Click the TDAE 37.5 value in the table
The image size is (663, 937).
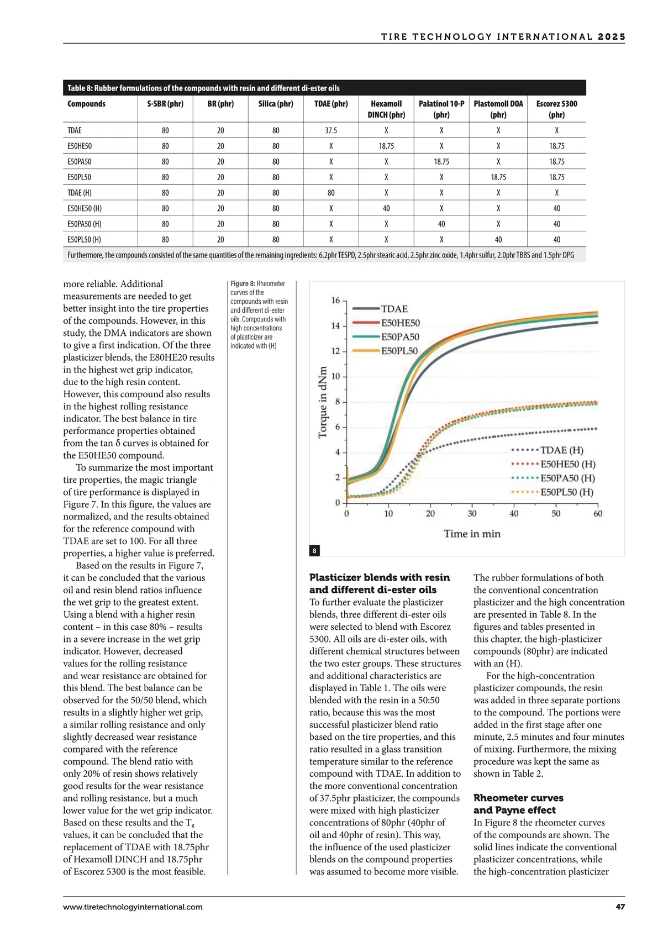(331, 130)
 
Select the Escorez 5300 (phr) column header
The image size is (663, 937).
(556, 109)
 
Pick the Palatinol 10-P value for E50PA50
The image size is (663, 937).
(441, 162)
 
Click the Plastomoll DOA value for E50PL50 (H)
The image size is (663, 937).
(498, 240)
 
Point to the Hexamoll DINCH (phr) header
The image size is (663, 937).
(386, 109)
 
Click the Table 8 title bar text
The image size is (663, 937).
(203, 88)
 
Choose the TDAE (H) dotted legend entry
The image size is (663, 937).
(561, 450)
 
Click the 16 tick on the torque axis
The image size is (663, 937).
(335, 301)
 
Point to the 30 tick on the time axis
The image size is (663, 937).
(472, 514)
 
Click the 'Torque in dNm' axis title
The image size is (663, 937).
(323, 402)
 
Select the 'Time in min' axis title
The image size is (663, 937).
(472, 534)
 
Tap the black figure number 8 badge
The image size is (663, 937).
(314, 551)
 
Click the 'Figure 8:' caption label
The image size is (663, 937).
(243, 283)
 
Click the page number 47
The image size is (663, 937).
(620, 907)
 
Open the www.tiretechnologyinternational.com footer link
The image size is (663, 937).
(133, 907)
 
